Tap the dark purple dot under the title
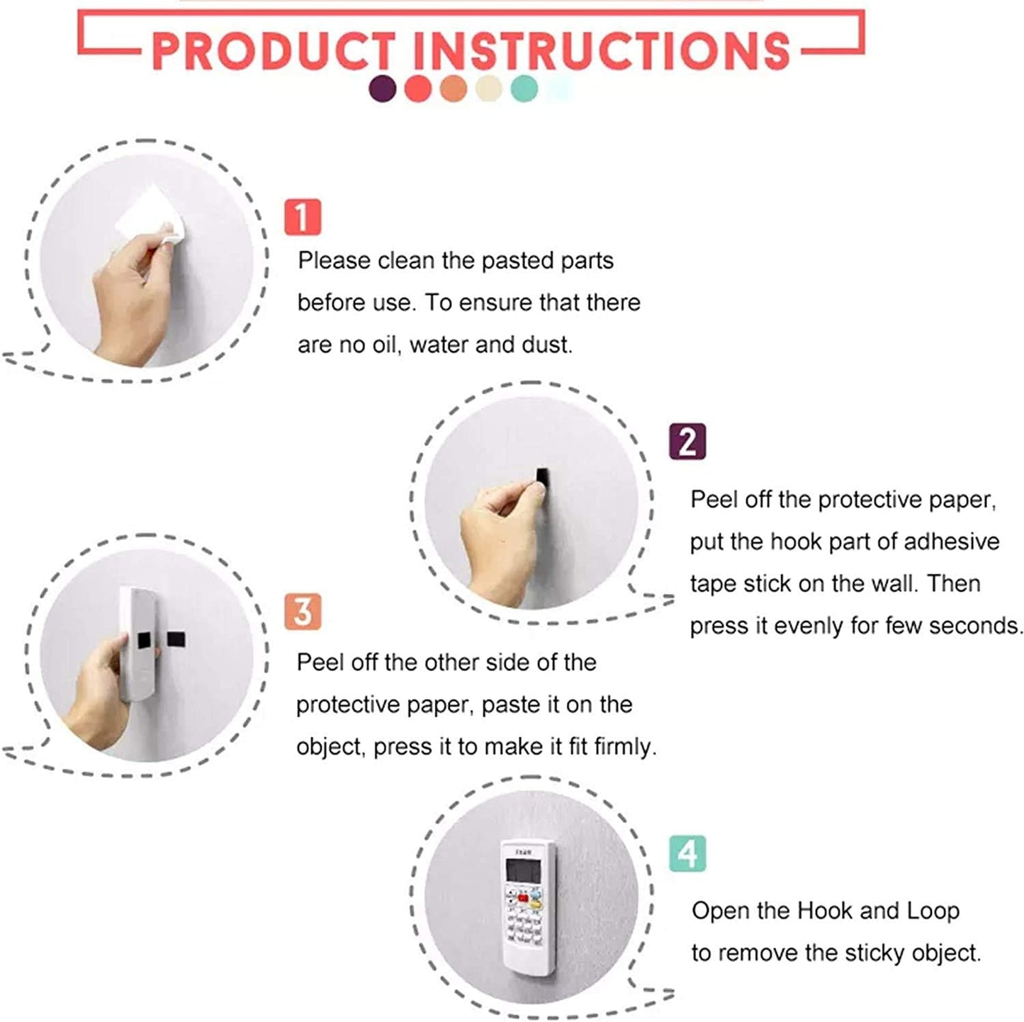pos(383,89)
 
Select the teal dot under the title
pos(524,89)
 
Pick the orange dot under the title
pos(454,89)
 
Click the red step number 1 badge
pos(303,217)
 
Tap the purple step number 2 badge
pos(687,442)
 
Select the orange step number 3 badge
pos(303,612)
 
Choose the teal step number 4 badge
pos(687,853)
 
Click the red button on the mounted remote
pos(523,898)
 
